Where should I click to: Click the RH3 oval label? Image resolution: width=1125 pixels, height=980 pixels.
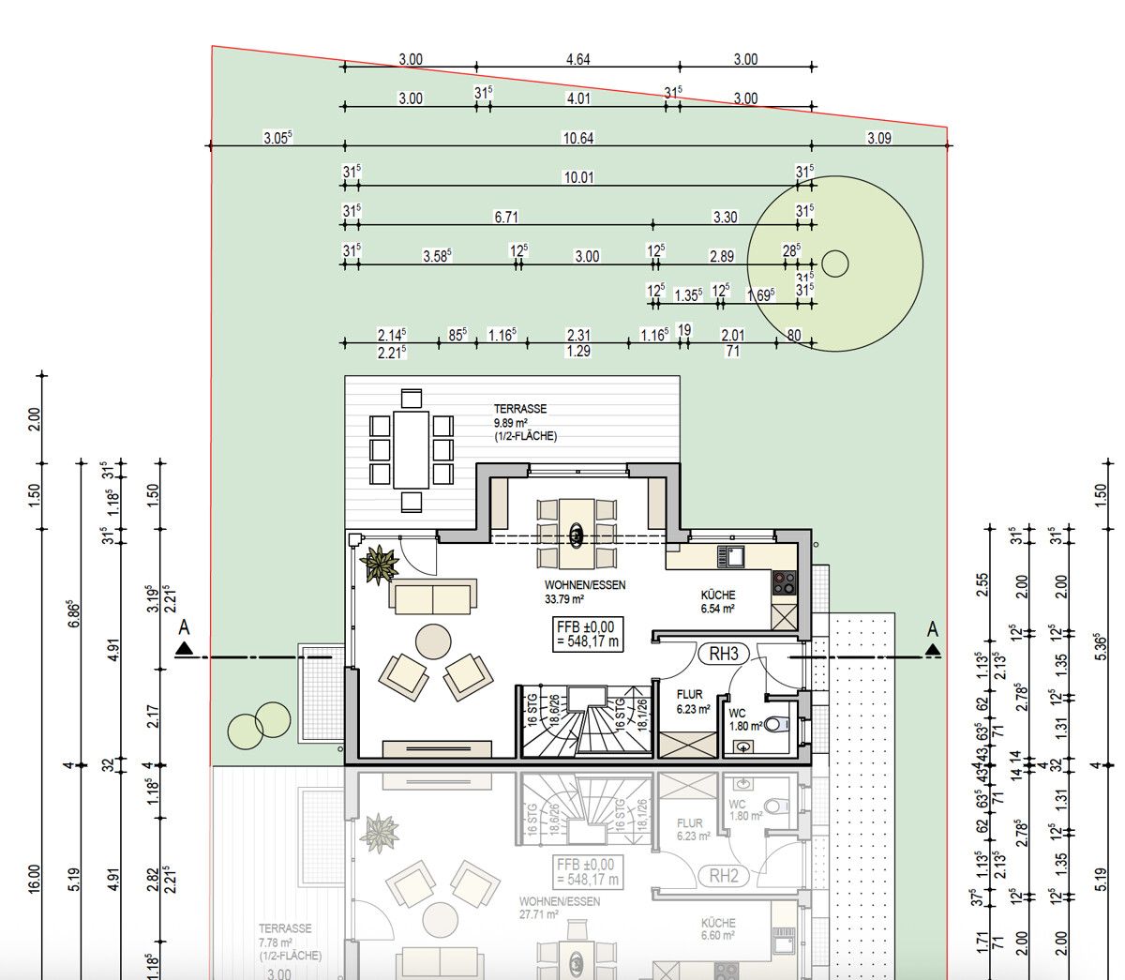point(723,654)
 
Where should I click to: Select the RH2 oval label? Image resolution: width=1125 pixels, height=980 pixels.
point(723,877)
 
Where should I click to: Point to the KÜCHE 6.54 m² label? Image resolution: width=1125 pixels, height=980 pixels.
point(718,601)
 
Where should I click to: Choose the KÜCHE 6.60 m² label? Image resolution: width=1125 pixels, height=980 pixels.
point(718,928)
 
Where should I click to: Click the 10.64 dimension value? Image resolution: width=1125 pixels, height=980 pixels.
point(577,138)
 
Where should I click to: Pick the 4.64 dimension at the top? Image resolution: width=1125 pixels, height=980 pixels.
point(578,59)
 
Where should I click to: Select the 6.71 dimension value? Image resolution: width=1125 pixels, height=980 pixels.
point(505,217)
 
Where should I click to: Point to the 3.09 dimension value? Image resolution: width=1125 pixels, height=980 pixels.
point(878,138)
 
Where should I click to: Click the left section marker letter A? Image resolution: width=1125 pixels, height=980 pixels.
point(184,627)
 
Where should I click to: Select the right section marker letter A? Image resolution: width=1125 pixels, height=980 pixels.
point(932,627)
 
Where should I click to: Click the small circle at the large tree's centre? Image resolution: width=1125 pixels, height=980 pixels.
point(834,264)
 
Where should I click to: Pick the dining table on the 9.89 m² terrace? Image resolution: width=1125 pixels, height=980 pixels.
point(412,449)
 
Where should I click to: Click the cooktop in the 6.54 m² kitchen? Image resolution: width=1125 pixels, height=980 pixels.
point(783,583)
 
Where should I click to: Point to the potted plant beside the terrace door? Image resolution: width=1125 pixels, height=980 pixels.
point(382,565)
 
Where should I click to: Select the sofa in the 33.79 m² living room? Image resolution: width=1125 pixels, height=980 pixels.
point(433,596)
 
